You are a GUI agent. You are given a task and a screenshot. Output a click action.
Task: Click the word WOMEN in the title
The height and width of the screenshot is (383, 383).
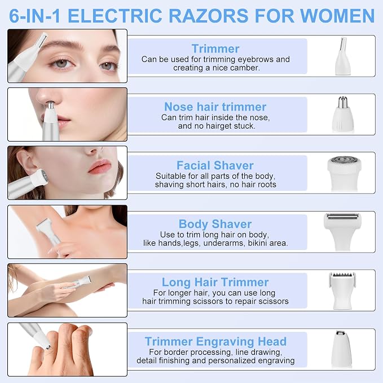coord(337,16)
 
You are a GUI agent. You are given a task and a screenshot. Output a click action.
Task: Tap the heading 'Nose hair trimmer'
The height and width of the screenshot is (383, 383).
coord(215,107)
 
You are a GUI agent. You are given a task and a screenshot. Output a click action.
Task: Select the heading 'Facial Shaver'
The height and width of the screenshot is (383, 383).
coord(215,165)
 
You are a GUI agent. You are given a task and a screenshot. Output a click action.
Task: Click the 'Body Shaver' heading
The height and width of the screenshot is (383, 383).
coord(215,224)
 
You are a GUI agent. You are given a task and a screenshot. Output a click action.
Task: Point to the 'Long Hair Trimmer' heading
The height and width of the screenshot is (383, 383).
coord(215,282)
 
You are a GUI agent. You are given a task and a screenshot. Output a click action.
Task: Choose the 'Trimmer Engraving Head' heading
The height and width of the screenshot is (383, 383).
coord(215,341)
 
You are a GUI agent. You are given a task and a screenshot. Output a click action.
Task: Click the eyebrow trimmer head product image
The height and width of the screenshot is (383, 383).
coord(343,56)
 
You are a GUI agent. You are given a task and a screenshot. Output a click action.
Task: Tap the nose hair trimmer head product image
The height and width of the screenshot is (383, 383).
coord(343,115)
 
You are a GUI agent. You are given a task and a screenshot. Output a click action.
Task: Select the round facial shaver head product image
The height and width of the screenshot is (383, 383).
coord(344,173)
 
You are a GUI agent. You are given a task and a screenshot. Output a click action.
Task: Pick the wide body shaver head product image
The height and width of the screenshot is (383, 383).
coord(342,232)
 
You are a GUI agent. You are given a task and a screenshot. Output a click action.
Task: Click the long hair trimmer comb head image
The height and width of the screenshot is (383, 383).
coord(342,290)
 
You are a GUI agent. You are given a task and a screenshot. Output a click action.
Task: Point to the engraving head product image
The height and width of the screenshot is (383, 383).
coord(342,349)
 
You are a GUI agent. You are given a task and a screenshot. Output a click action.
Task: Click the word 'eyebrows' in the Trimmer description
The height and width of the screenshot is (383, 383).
coord(256,59)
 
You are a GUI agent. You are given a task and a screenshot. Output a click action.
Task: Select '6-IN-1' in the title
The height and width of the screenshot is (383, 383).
coord(34,16)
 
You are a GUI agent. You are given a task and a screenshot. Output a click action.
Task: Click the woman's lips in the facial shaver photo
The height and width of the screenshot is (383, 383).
coord(99,166)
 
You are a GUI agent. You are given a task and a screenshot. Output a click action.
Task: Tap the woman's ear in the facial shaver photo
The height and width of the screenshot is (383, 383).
coord(25,161)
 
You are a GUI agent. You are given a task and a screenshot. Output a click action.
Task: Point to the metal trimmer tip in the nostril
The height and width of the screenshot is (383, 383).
coord(50,105)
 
